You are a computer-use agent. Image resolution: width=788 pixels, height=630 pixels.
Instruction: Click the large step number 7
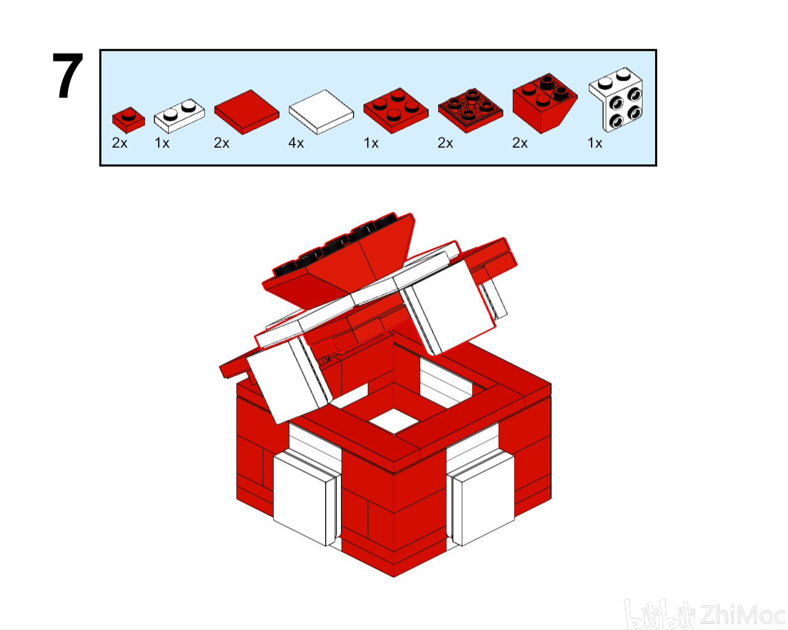[68, 76]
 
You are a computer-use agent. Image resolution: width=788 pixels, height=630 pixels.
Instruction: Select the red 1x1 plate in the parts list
[129, 120]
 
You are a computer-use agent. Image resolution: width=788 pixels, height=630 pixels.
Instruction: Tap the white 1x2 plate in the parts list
[180, 115]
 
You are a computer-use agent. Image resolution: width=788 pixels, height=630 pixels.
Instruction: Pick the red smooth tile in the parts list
[247, 112]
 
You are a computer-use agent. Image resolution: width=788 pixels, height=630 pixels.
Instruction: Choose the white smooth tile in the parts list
[322, 112]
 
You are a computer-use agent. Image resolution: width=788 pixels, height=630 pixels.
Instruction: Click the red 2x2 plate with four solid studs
[396, 111]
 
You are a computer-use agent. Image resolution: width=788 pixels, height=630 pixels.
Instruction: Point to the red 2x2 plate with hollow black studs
[471, 111]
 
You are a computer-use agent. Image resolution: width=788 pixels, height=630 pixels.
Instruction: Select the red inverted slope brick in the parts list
[545, 103]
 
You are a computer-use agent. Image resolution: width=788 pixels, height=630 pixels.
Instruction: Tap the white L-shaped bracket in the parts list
[616, 99]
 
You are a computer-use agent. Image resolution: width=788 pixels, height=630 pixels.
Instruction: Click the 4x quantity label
[296, 143]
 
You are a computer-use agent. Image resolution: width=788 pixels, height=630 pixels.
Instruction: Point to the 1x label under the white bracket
[595, 143]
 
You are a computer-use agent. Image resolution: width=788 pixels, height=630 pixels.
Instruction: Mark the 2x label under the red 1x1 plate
[119, 143]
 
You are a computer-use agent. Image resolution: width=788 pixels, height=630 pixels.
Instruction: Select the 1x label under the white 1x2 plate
[162, 143]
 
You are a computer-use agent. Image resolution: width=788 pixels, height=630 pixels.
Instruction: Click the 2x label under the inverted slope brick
[520, 143]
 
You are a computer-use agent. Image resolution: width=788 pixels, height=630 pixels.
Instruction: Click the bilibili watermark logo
[659, 614]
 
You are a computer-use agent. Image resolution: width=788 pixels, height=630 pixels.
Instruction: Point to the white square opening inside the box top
[393, 421]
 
